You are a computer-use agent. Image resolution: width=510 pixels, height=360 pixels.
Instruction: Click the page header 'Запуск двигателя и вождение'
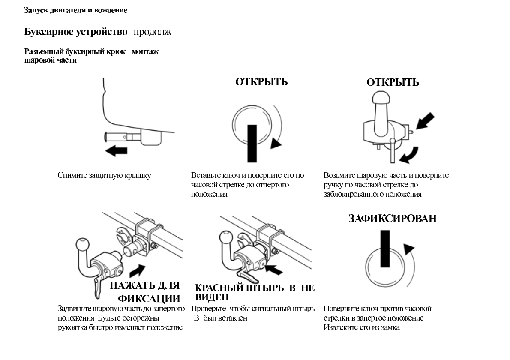75,10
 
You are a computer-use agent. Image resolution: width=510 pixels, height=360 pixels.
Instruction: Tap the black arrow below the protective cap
116,150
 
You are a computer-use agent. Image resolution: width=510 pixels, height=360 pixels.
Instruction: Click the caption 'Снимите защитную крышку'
104,175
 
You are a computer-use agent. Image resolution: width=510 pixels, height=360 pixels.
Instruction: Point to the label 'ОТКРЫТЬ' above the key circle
261,82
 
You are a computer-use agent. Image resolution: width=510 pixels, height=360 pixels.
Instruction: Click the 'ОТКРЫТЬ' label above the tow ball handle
393,82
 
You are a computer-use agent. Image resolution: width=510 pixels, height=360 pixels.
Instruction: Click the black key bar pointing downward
252,143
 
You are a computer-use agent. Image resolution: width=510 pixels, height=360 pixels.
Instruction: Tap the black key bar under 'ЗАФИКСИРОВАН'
385,247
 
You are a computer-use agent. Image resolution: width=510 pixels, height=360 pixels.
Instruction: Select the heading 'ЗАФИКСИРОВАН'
392,218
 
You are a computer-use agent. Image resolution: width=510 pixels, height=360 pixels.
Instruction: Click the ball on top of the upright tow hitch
379,100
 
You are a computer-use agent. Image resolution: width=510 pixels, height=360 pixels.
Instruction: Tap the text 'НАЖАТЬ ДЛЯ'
145,286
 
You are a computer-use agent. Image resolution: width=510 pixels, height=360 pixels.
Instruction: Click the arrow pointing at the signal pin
274,269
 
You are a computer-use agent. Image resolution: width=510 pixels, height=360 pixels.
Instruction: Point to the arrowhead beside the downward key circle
276,144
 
